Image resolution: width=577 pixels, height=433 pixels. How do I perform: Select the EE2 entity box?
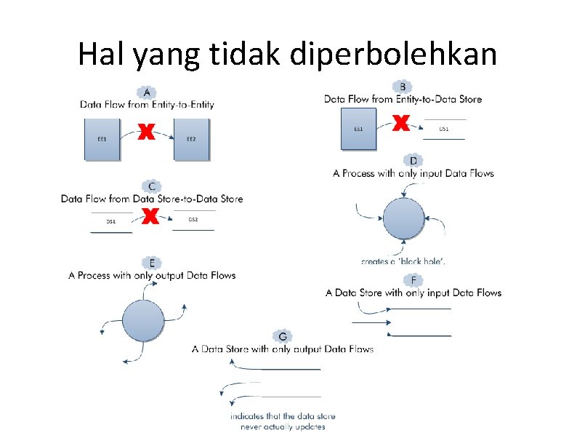tap(192, 138)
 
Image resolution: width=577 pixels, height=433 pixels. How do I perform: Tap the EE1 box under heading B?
tap(358, 129)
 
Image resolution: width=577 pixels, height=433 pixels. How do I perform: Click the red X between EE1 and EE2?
tap(147, 132)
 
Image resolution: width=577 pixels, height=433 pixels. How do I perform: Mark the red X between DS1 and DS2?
tap(150, 216)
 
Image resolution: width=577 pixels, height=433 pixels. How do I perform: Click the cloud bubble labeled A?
tap(148, 93)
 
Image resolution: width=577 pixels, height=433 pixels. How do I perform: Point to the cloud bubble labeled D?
tap(413, 161)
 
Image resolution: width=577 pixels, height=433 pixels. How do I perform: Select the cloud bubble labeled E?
tap(151, 263)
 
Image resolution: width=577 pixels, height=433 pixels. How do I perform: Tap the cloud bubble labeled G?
tap(283, 336)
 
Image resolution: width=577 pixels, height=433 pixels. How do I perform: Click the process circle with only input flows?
tap(403, 218)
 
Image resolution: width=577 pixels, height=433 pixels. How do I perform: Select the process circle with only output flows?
tap(143, 322)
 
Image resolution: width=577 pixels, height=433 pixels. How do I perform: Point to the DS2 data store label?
tap(193, 219)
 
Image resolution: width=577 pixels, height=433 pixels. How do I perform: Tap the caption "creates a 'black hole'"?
tap(403, 261)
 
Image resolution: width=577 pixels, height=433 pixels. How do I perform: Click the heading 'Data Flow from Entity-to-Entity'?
tap(148, 105)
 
